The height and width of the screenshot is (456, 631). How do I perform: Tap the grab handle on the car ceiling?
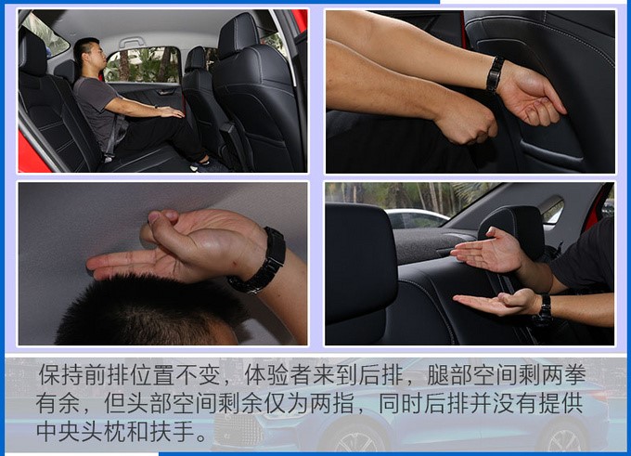pos(131,43)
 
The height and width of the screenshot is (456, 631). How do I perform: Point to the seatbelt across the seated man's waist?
pos(116,133)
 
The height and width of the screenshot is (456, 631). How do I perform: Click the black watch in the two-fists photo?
pos(495,75)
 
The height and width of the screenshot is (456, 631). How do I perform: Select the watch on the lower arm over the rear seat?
pos(544,310)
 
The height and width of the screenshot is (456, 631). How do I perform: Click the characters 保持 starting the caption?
pos(60,375)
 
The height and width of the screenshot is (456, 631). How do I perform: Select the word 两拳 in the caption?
pos(563,375)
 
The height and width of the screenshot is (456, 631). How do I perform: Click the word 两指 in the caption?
pos(332,403)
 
